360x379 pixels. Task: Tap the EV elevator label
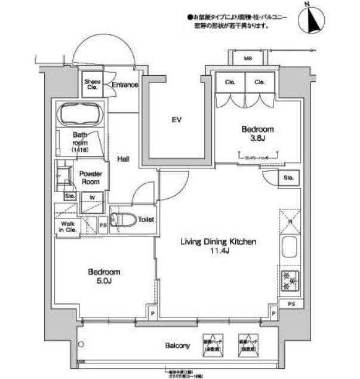tap(176, 120)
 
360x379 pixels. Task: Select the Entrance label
tap(125, 85)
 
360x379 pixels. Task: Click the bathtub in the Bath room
tap(79, 113)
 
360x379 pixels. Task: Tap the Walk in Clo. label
tap(67, 226)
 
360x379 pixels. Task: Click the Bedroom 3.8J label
tap(257, 133)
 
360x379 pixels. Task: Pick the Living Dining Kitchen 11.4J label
tap(219, 246)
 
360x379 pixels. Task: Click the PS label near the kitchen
tap(291, 304)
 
